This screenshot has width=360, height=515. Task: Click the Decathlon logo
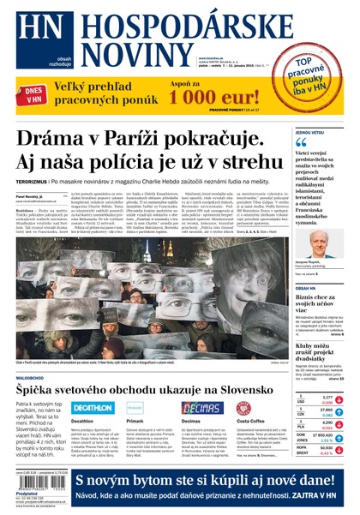point(93,408)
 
